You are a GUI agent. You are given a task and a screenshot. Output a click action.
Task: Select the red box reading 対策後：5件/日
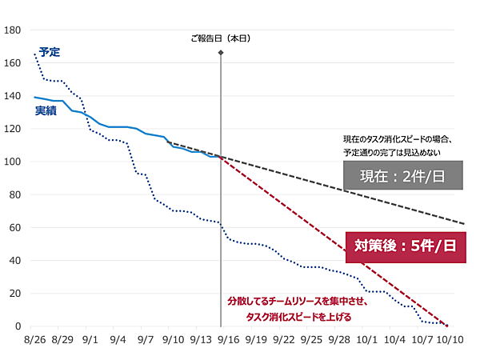click(405, 246)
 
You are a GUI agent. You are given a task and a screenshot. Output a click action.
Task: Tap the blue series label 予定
click(50, 52)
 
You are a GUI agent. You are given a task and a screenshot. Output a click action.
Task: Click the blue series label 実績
click(46, 111)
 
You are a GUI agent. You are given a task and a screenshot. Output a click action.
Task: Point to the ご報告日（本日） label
click(221, 38)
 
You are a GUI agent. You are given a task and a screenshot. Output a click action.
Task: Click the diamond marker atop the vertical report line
click(221, 53)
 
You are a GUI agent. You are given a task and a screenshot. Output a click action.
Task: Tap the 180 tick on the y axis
click(13, 30)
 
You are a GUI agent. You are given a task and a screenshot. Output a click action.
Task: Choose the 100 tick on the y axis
click(13, 162)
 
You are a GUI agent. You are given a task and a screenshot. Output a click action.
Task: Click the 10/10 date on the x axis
click(452, 340)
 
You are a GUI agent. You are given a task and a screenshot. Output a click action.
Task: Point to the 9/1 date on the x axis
click(90, 340)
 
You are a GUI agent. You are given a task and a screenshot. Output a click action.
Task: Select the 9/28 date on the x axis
click(339, 340)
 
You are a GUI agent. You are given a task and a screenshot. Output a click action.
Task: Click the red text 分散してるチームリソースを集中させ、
click(290, 302)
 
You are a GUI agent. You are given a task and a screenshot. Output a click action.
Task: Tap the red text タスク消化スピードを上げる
click(298, 317)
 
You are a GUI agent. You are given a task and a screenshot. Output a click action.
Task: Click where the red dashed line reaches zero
click(448, 326)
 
